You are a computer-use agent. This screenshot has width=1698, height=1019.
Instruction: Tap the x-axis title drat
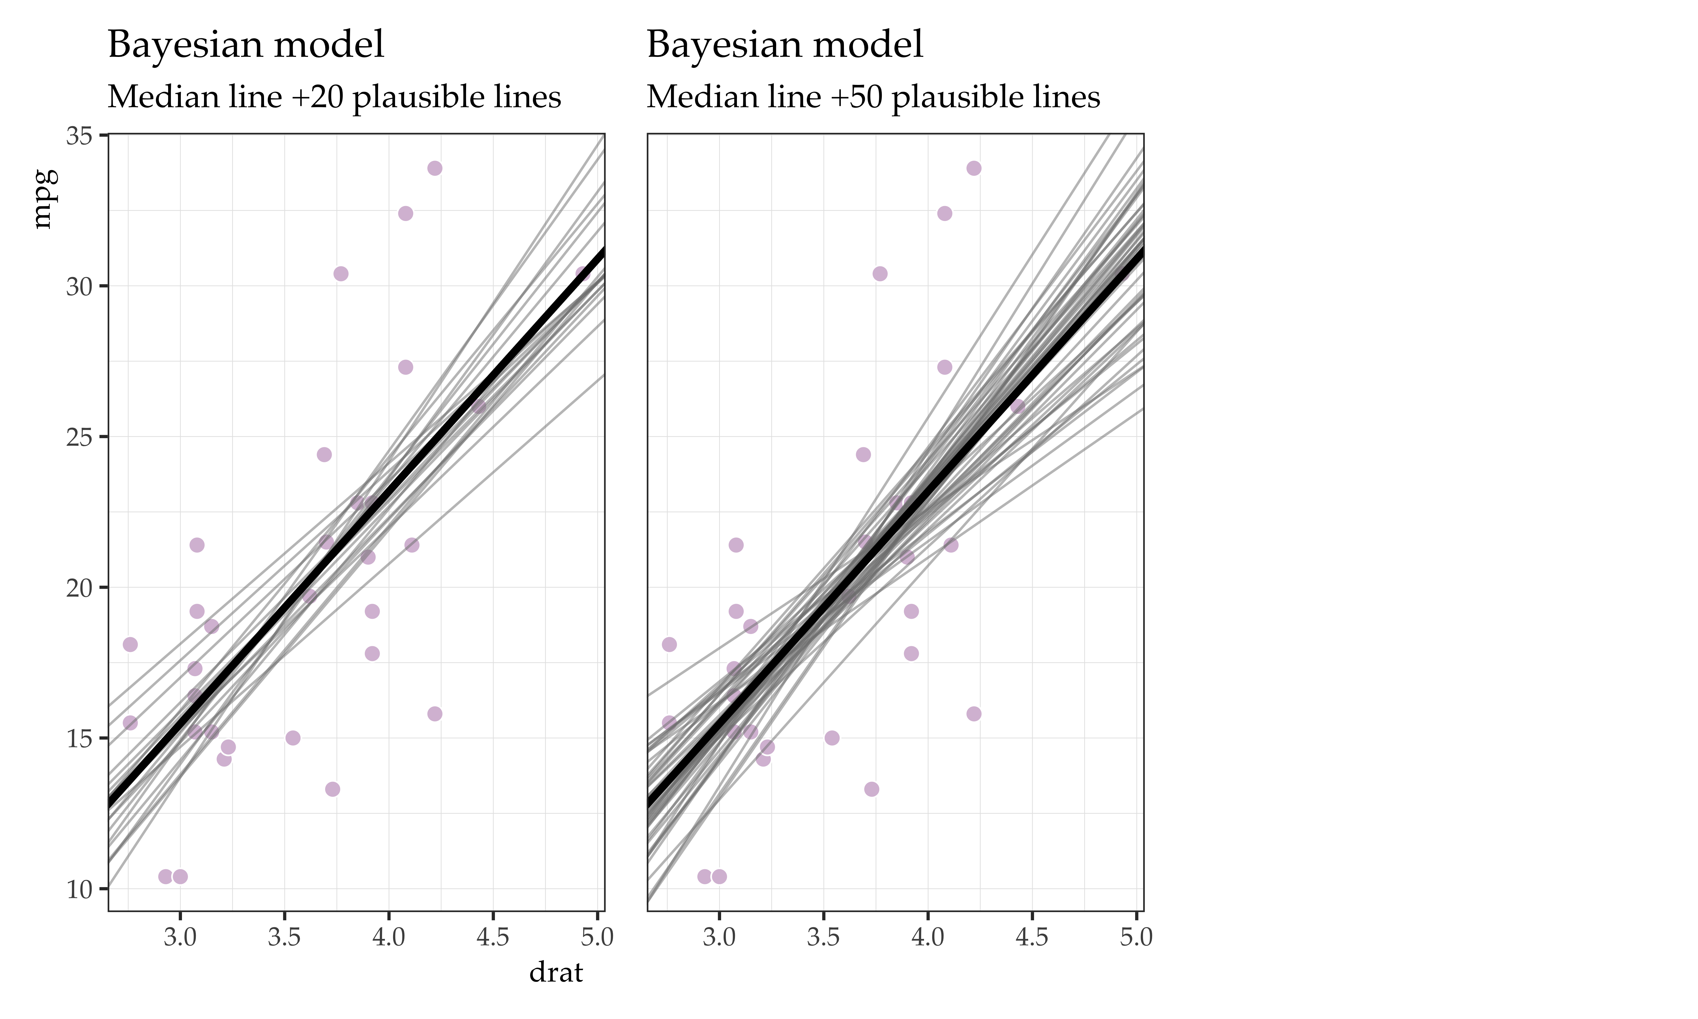556,972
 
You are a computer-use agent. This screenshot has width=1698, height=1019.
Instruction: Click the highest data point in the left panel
434,168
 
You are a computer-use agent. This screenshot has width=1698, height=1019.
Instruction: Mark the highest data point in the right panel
973,168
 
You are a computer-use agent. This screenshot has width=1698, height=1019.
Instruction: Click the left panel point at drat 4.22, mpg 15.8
434,714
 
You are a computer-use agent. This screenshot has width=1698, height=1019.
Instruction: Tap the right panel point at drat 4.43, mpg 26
1017,406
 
